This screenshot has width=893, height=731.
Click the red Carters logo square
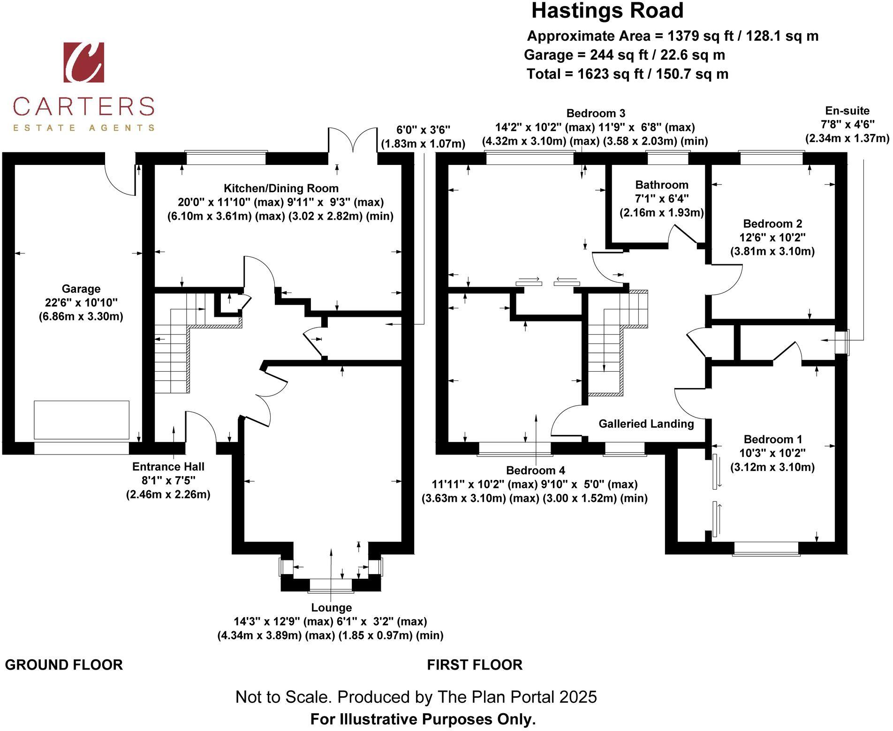tap(84, 62)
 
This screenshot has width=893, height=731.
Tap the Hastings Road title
tap(607, 11)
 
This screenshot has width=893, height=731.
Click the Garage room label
tap(81, 289)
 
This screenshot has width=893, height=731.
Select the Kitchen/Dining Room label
tap(281, 188)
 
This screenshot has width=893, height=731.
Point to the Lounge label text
tap(331, 608)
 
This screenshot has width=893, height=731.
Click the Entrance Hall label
tap(168, 467)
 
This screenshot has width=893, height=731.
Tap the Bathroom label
tap(662, 185)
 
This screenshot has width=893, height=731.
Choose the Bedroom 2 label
tap(772, 224)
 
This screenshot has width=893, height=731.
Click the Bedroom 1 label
tap(773, 440)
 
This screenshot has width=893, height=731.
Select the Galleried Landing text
tap(646, 424)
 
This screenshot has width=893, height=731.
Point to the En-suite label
tap(848, 111)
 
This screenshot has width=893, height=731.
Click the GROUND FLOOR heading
tap(64, 665)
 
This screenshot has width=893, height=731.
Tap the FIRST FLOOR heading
tap(475, 665)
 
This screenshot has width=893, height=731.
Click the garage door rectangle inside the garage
tap(82, 420)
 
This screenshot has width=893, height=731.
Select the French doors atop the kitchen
tap(353, 140)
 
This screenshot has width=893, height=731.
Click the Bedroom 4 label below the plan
tap(536, 470)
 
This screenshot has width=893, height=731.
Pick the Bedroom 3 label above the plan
tap(596, 113)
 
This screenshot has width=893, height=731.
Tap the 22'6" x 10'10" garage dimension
tap(81, 303)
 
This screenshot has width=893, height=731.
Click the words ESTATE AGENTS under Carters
tap(83, 127)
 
